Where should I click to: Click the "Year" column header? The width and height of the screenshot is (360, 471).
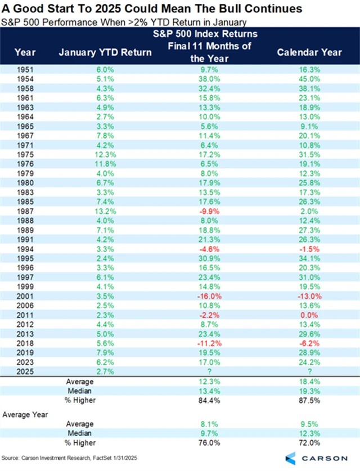tap(26, 52)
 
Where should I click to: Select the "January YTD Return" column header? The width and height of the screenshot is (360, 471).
tap(105, 52)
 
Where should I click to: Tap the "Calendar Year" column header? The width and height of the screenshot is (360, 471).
tap(309, 52)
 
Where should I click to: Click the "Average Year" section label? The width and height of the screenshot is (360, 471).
tap(25, 414)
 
